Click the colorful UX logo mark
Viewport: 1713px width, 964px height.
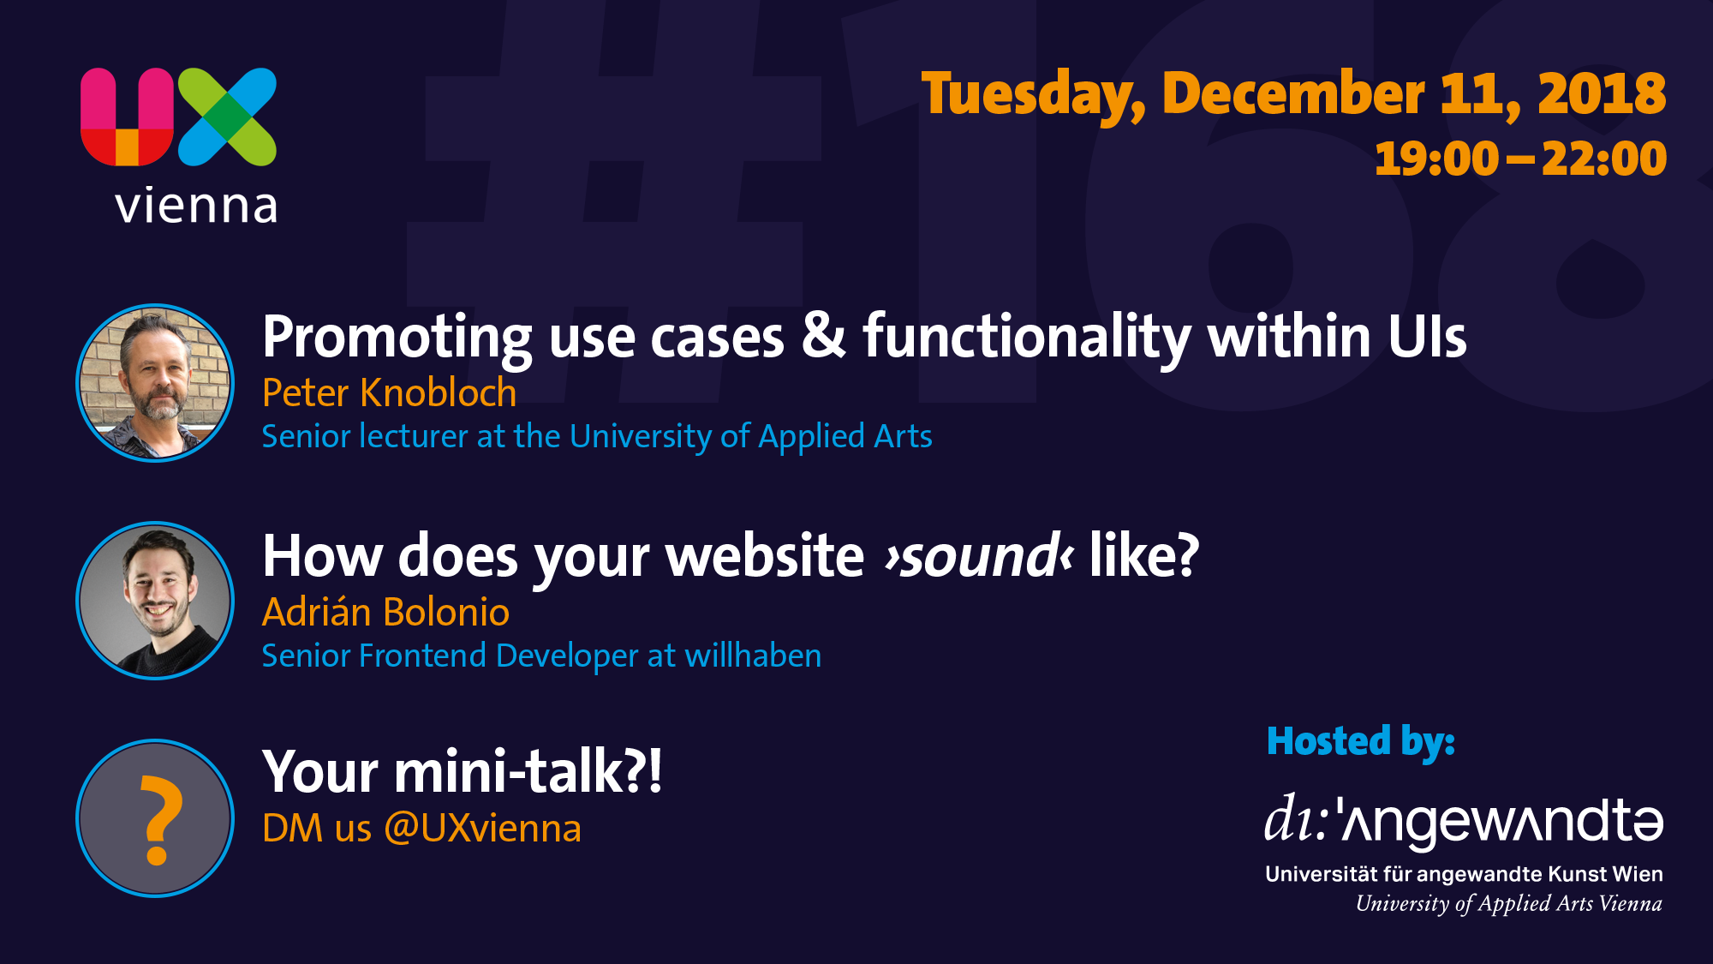[x=179, y=117]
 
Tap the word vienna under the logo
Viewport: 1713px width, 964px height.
[x=197, y=206]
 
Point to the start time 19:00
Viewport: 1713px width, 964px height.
[x=1436, y=159]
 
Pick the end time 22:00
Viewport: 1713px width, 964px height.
[x=1603, y=159]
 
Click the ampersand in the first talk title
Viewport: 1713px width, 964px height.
[x=824, y=335]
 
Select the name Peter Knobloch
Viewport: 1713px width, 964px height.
[x=390, y=393]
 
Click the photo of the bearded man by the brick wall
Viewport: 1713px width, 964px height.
[x=155, y=383]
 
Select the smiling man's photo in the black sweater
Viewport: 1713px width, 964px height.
[x=155, y=601]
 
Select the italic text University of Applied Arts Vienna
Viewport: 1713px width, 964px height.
[x=1508, y=904]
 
